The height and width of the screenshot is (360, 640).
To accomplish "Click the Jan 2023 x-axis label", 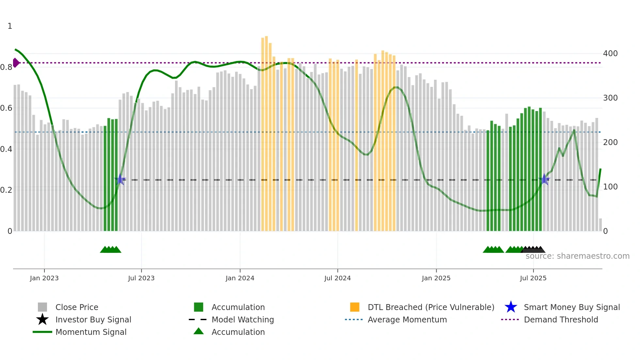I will coord(44,278).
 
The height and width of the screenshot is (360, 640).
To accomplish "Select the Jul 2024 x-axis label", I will coord(337,278).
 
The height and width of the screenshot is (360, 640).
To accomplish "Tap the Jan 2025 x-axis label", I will coord(436,278).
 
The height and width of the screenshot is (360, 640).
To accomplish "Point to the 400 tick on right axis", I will coord(610,53).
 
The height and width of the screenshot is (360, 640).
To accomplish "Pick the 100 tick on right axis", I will coord(610,187).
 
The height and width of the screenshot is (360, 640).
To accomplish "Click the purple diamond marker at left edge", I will coord(16,63).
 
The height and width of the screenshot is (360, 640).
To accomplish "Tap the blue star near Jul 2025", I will coord(544,179).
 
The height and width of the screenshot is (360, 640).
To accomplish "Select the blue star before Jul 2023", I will coord(120,179).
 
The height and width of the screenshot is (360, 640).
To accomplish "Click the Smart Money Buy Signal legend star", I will coord(511,307).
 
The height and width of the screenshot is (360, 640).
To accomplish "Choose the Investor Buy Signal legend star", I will coord(42,319).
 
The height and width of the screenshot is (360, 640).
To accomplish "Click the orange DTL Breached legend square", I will coord(355,307).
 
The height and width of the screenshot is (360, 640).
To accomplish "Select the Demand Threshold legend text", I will coord(561,319).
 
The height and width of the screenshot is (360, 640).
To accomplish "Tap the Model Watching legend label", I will coord(243,319).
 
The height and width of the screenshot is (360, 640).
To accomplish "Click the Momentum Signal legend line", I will coord(42,332).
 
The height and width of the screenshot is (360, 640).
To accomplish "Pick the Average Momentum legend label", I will coord(407,319).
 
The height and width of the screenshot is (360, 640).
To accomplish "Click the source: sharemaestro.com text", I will coord(577,256).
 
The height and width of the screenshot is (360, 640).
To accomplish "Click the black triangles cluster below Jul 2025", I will coord(533,250).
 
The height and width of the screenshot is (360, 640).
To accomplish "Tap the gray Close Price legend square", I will coord(42,307).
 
